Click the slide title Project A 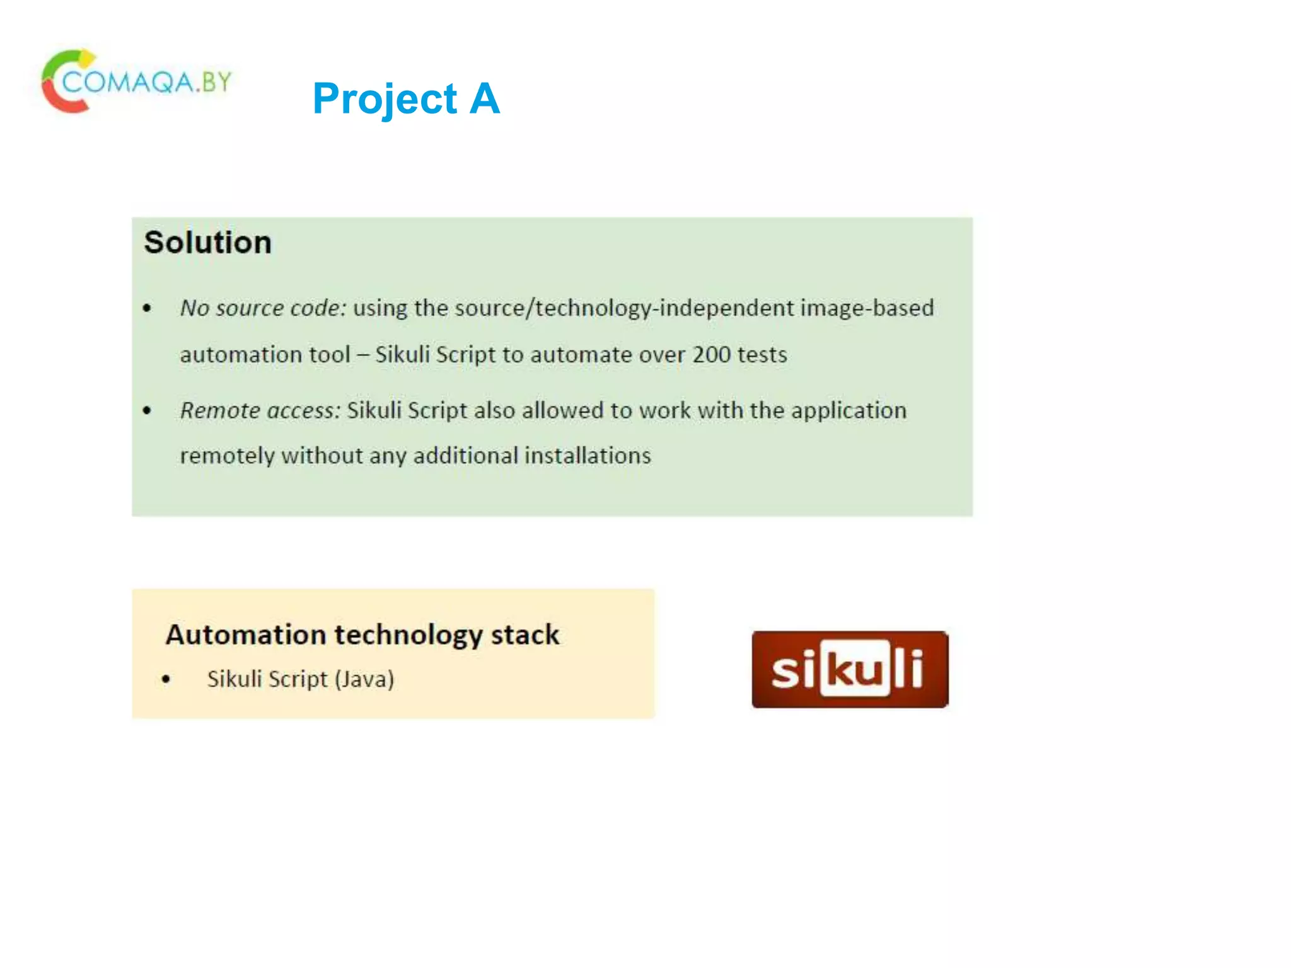pos(406,99)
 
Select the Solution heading pos(207,243)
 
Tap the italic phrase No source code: pos(263,308)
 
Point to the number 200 pos(711,355)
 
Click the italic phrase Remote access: pos(260,411)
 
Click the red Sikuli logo pos(850,669)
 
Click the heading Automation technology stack pos(362,635)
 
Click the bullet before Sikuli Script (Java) pos(166,680)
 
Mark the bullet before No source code pos(148,309)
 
